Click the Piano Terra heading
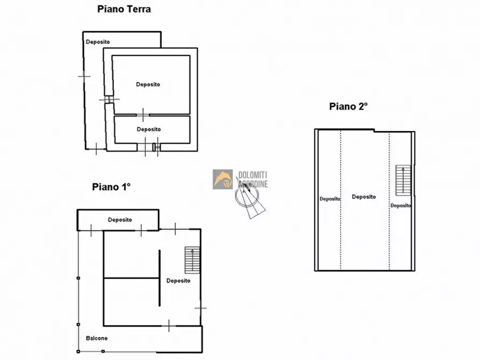point(124,9)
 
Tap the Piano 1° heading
point(111,187)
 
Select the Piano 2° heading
point(348,106)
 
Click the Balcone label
point(97,339)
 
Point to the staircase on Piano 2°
point(403,181)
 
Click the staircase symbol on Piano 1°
point(192,260)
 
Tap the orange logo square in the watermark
point(223,179)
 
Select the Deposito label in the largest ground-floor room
point(148,84)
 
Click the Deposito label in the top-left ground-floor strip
point(98,42)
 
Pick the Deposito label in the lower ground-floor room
point(149,129)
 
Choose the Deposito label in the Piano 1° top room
point(120,220)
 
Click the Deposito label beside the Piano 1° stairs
point(178,280)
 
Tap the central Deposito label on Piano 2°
point(364,197)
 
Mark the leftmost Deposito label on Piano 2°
point(330,199)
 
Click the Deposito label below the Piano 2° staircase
point(400,206)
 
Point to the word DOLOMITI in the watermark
point(253,175)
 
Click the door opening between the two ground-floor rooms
point(142,115)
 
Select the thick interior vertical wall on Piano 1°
point(160,278)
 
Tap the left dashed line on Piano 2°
point(341,200)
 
